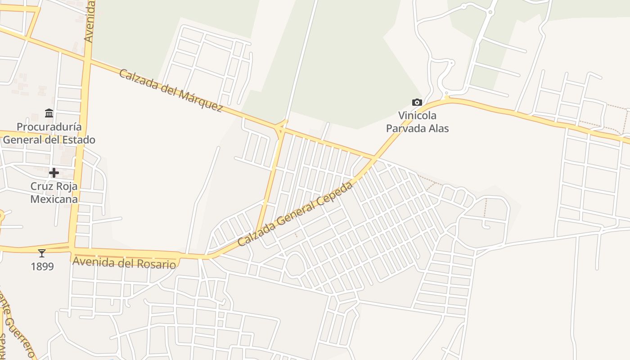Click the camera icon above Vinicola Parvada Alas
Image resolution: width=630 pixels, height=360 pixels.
(417, 103)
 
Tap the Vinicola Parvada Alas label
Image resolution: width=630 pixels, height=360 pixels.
(418, 122)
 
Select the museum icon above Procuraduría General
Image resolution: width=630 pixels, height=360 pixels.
(49, 113)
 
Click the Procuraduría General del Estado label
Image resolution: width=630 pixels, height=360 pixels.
(49, 133)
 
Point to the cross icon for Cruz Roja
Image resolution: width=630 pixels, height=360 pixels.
(54, 173)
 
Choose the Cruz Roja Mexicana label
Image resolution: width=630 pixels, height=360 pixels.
(54, 193)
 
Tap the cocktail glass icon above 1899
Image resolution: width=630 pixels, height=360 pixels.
(42, 253)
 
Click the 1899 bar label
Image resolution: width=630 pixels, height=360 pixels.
(42, 266)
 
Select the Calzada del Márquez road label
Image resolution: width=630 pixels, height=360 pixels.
(171, 90)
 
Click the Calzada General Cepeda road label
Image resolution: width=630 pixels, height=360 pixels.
(295, 214)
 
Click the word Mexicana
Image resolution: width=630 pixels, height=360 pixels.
(54, 199)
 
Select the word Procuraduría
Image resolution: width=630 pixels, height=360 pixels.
(49, 126)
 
